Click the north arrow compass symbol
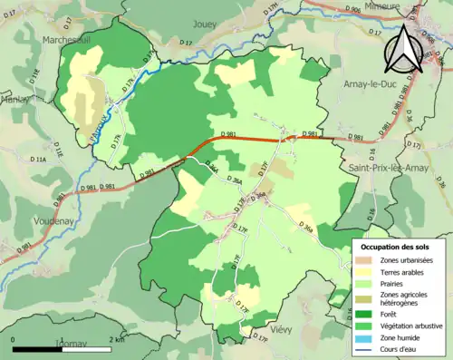tap(405, 50)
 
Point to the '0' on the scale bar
tap(14, 339)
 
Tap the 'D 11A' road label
tap(39, 160)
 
